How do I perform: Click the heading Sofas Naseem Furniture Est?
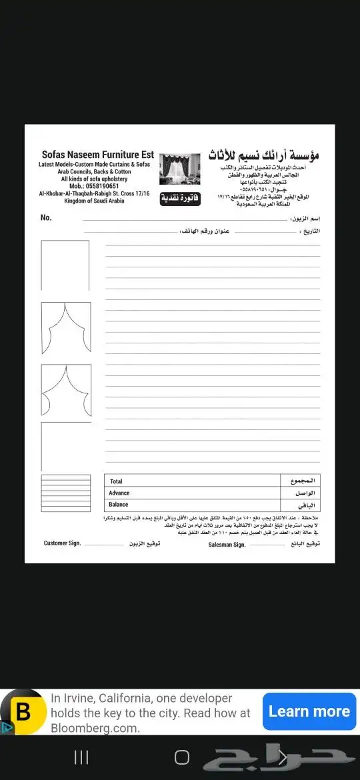click(x=97, y=155)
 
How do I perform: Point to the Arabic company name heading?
click(x=263, y=155)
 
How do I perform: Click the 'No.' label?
click(x=46, y=217)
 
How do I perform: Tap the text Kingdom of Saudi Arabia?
click(x=94, y=201)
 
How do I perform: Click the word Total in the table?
click(x=117, y=481)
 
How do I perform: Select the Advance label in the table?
click(x=119, y=493)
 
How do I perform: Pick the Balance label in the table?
click(x=119, y=505)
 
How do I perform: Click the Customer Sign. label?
click(x=62, y=543)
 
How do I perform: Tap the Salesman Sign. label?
click(x=227, y=544)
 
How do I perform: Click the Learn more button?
click(x=309, y=711)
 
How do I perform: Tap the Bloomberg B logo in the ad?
click(x=23, y=711)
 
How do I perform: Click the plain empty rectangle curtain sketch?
click(x=65, y=265)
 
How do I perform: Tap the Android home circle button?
click(x=181, y=757)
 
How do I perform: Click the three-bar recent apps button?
click(x=81, y=757)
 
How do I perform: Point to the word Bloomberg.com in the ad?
click(x=95, y=728)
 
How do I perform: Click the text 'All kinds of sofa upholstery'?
click(x=94, y=179)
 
